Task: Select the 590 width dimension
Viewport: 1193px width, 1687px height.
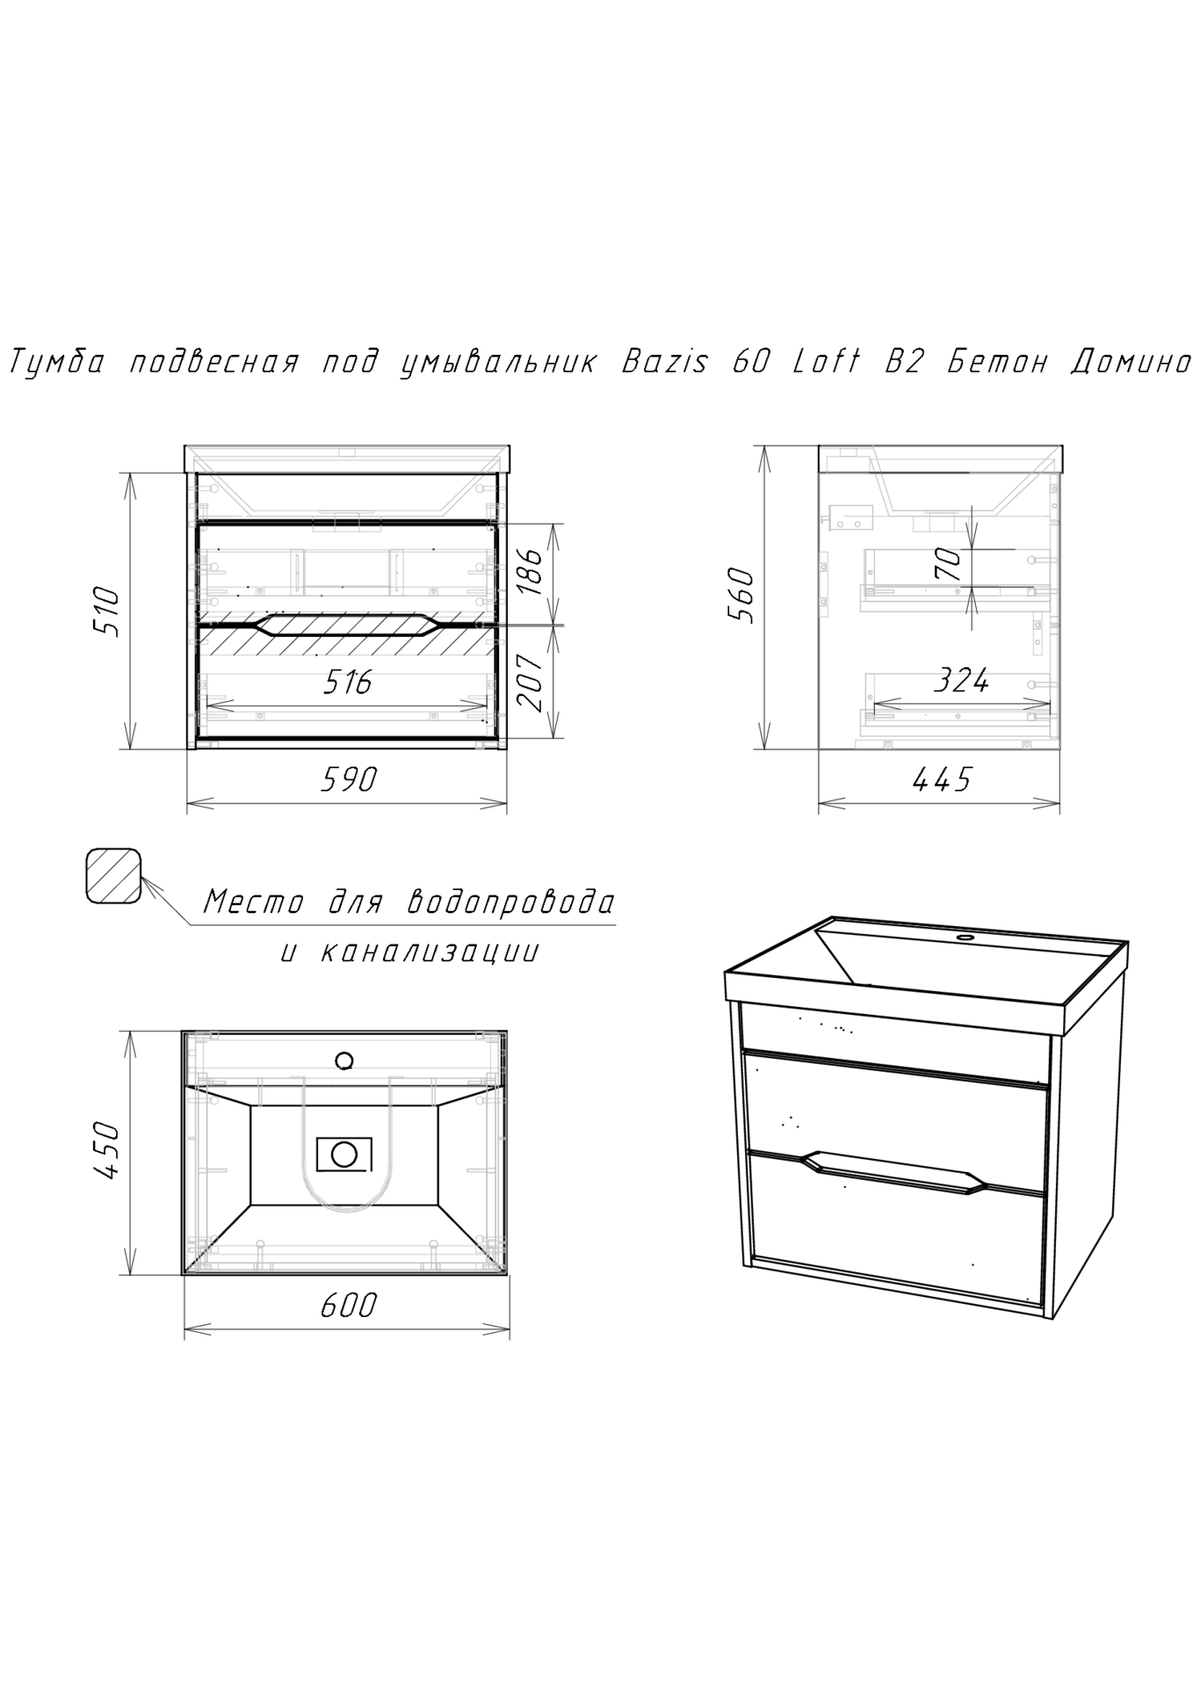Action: point(349,778)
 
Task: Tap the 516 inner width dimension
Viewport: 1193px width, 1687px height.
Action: point(348,681)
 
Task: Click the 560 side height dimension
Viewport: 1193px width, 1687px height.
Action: point(741,595)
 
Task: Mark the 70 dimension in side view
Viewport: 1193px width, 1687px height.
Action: point(947,563)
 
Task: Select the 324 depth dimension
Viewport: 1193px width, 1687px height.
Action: point(961,680)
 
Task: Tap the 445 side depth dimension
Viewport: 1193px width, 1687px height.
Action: point(942,778)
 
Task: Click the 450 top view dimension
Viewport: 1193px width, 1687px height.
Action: point(105,1150)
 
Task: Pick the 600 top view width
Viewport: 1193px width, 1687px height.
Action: point(348,1305)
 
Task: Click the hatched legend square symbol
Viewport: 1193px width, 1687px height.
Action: point(113,875)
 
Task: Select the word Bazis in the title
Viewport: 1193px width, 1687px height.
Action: point(663,361)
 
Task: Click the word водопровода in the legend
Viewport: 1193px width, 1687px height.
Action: point(511,902)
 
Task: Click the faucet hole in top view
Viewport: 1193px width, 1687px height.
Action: point(344,1061)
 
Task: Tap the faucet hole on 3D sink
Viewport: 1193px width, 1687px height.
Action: point(966,938)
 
